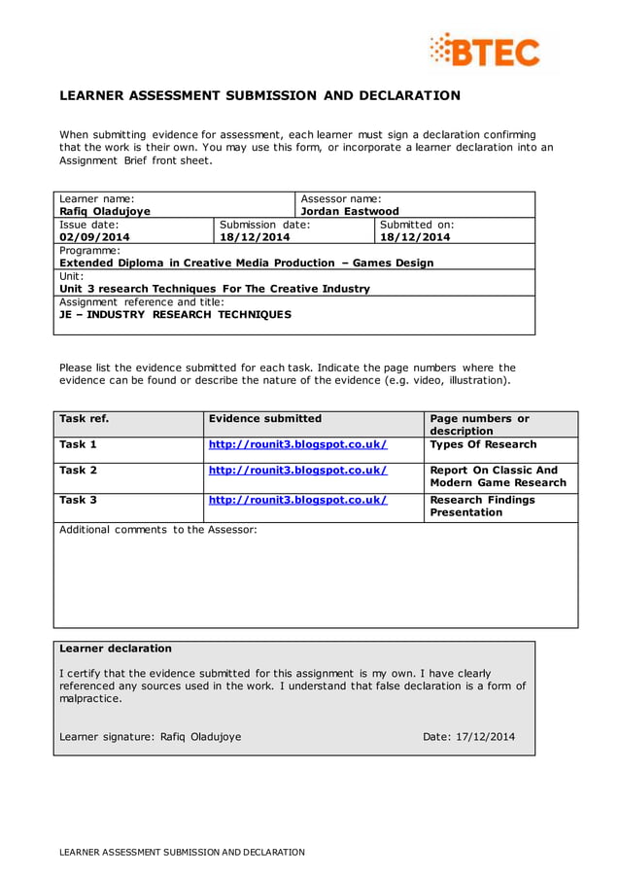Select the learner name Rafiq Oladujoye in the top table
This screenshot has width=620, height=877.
(x=105, y=211)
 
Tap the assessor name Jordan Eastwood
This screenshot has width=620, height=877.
(x=350, y=211)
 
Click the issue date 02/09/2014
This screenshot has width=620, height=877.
(x=94, y=236)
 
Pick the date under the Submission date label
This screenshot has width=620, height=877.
(x=255, y=236)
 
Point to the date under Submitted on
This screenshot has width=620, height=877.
(x=415, y=236)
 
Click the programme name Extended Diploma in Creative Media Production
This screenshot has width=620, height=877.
(x=246, y=263)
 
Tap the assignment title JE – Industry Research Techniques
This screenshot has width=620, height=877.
(x=175, y=314)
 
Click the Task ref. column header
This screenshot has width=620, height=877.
(x=84, y=419)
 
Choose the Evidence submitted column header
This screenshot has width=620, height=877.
(x=264, y=419)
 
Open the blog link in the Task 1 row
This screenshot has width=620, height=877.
(x=297, y=444)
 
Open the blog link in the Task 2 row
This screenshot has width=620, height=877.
(x=297, y=471)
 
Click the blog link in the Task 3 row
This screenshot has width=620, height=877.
(x=297, y=500)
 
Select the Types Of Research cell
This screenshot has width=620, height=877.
(x=483, y=444)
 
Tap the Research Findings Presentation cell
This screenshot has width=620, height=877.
(x=482, y=506)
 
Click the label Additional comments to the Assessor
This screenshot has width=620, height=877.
(x=158, y=530)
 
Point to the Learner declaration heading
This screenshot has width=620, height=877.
(x=116, y=649)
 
